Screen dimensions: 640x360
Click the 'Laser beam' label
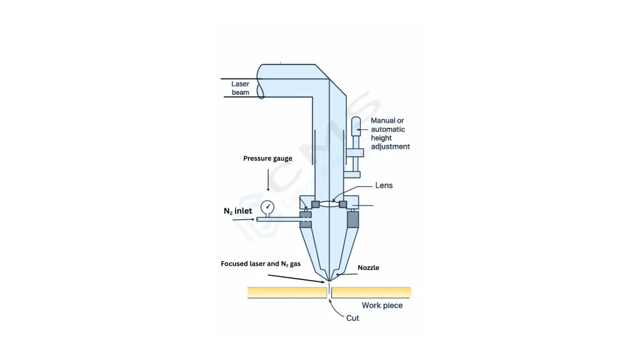coord(241,88)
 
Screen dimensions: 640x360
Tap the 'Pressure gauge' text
coord(267,158)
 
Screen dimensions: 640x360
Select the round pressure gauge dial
coord(267,207)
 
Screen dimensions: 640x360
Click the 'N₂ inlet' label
coord(238,211)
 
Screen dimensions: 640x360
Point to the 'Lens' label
coord(384,185)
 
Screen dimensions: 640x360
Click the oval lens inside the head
coord(329,204)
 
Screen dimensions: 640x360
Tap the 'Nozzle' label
coord(369,267)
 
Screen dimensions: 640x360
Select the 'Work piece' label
coord(382,305)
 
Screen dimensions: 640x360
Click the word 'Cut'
coord(352,318)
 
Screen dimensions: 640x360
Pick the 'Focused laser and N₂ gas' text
coord(261,264)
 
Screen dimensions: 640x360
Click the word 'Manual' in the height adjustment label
coord(383,121)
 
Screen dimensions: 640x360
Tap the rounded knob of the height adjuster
coord(356,126)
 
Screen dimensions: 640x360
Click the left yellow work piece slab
coord(287,292)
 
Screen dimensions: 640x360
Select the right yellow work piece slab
coord(371,292)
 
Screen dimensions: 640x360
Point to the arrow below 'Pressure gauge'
coord(268,180)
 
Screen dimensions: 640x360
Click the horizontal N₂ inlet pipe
coord(279,219)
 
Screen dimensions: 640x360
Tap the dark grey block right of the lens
coord(343,204)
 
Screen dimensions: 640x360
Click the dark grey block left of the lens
coord(316,204)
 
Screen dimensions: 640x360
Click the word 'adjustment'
coord(391,146)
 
